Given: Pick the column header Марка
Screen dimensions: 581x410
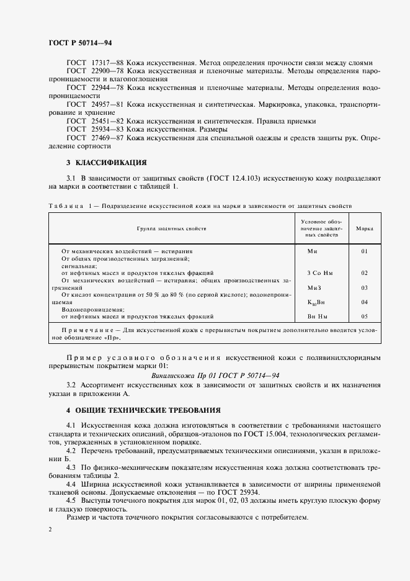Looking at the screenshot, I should coord(364,229).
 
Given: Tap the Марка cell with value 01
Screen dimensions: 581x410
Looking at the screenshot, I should coord(364,251).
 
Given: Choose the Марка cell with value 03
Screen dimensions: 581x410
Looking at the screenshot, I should coord(364,287).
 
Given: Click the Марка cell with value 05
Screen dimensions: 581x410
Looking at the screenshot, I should coord(364,316).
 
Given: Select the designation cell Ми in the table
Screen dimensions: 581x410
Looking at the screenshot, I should coord(313,251).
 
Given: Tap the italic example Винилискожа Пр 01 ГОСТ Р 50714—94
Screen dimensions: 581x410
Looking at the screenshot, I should coord(215,375).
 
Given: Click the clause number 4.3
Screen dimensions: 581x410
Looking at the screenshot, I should coord(71,466).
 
